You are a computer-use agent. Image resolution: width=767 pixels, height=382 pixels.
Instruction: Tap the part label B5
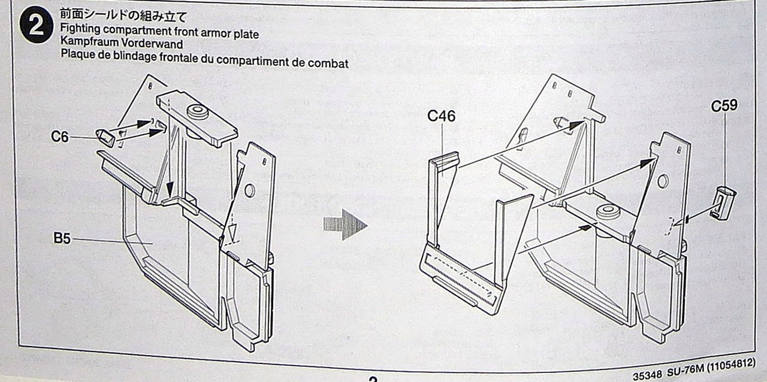[62, 239]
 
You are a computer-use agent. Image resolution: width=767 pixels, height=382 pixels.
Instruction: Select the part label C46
[441, 116]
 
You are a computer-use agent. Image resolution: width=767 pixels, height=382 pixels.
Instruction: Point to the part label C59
[723, 106]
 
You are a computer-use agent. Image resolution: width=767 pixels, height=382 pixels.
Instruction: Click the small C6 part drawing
[105, 137]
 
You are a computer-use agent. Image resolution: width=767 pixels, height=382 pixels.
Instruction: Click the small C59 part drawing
[723, 201]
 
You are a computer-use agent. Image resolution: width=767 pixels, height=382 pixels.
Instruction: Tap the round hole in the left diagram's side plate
[249, 190]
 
